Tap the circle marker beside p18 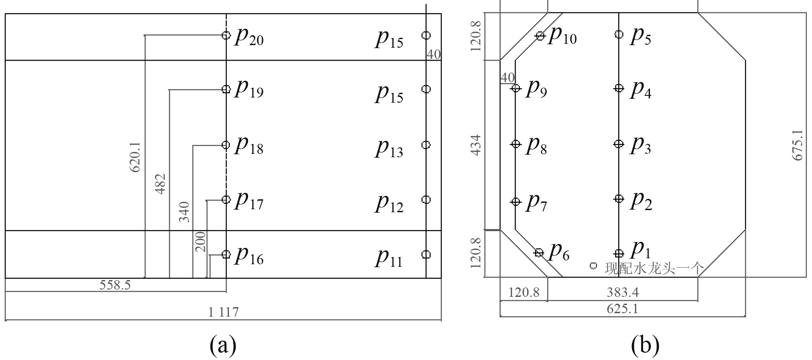pyautogui.click(x=226, y=145)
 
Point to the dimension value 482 pyautogui.click(x=160, y=183)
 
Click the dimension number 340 pyautogui.click(x=184, y=211)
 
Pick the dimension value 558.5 pyautogui.click(x=115, y=285)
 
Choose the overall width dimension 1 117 pyautogui.click(x=223, y=312)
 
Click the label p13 pyautogui.click(x=390, y=148)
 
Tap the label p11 pyautogui.click(x=390, y=257)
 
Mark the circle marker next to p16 pyautogui.click(x=226, y=254)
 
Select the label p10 pyautogui.click(x=563, y=36)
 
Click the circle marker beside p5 pyautogui.click(x=619, y=34)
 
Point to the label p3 pyautogui.click(x=641, y=146)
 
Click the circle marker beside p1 pyautogui.click(x=619, y=253)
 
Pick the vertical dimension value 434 pyautogui.click(x=476, y=145)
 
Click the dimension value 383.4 pyautogui.click(x=623, y=293)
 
